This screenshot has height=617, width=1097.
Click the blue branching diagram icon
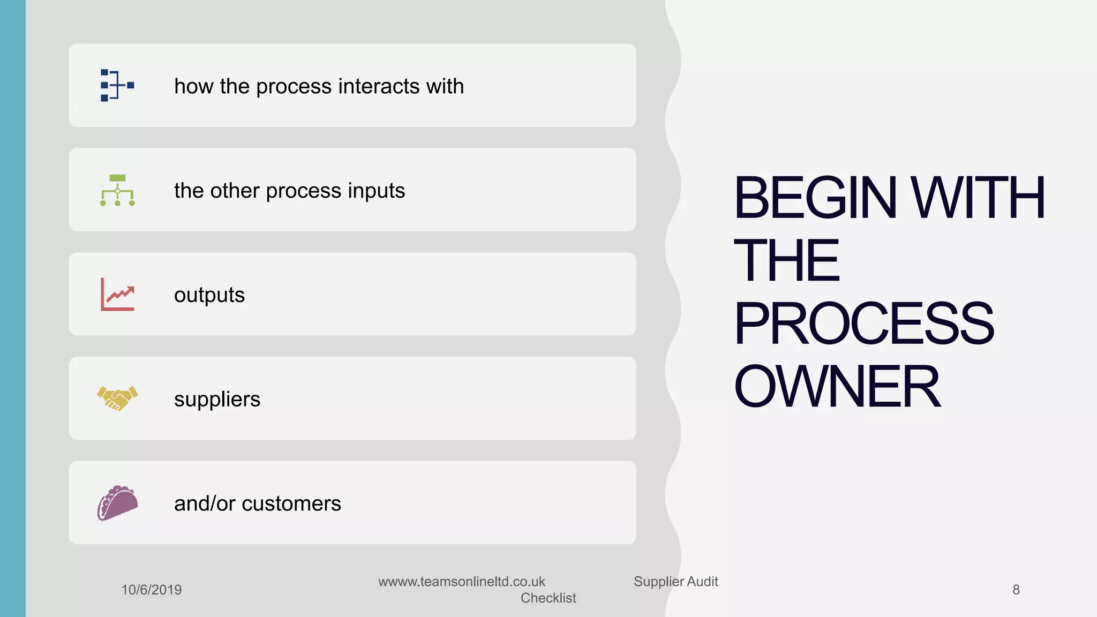[x=117, y=85]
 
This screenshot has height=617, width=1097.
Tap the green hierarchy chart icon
[x=117, y=190]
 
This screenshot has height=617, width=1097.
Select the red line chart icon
[x=117, y=294]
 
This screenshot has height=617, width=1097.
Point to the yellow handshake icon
[x=117, y=398]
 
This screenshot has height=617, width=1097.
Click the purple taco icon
[x=117, y=503]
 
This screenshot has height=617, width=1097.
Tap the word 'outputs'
[x=209, y=295]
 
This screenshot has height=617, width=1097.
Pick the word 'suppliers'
[x=217, y=400]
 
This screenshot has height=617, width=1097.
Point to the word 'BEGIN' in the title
[x=815, y=198]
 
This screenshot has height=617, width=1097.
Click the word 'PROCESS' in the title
[x=863, y=323]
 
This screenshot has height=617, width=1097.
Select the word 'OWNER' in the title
[x=837, y=386]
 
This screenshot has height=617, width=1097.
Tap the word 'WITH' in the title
[x=978, y=198]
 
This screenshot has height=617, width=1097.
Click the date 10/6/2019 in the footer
[x=152, y=590]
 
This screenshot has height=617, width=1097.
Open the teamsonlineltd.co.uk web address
[x=461, y=582]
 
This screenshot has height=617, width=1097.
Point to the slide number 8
[x=1016, y=590]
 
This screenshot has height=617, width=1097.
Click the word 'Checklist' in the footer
[x=548, y=598]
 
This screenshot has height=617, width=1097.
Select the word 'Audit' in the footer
[x=702, y=582]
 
